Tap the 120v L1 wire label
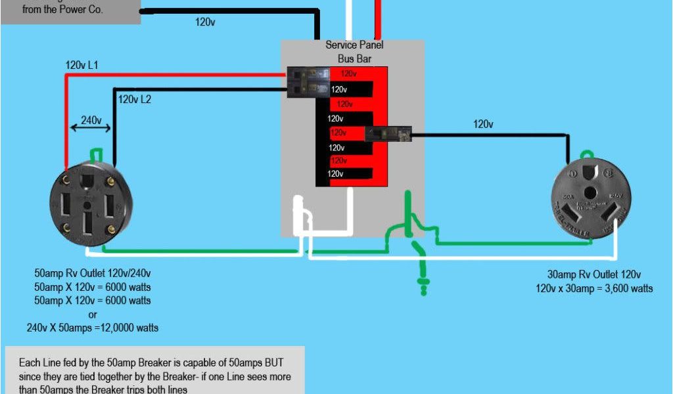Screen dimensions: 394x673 tap(81, 65)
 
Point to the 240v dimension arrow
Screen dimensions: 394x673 tap(91, 127)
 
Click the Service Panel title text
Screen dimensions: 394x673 tap(354, 45)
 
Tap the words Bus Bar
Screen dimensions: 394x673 tap(355, 58)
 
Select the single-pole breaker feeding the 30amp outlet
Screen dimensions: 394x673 tap(388, 133)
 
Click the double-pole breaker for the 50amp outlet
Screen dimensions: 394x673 tap(308, 82)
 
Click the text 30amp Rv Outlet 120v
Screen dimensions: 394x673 tap(593, 275)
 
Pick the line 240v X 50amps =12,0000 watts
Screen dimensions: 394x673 tap(92, 327)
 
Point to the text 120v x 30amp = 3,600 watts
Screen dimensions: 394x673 tap(595, 288)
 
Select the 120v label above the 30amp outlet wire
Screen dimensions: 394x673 tap(483, 123)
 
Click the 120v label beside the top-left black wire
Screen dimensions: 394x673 tap(205, 22)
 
